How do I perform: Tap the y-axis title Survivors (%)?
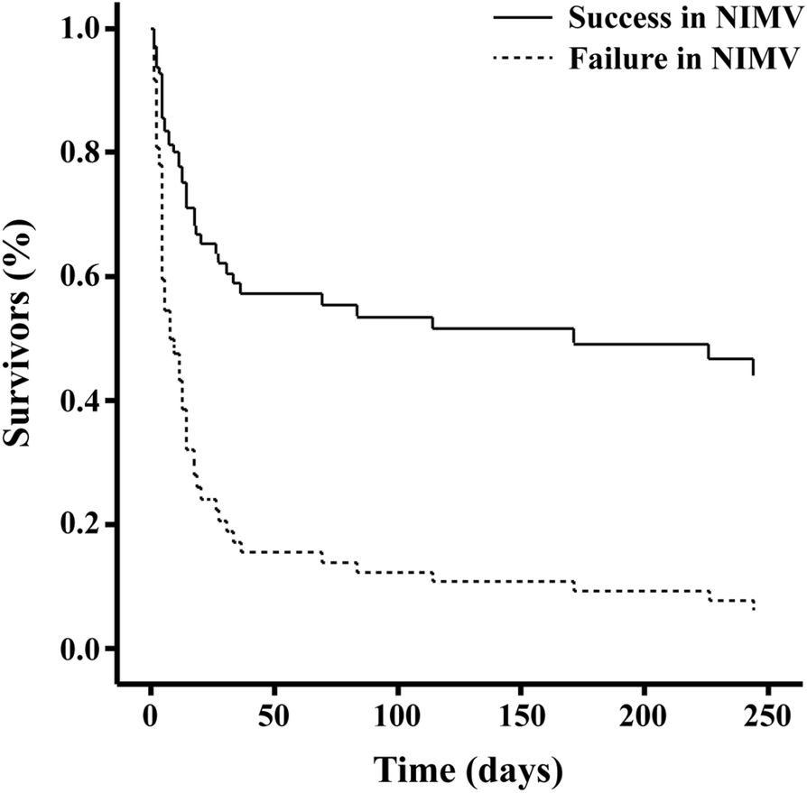click(22, 337)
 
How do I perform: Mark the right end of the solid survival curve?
click(753, 373)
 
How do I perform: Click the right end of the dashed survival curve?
click(753, 610)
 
